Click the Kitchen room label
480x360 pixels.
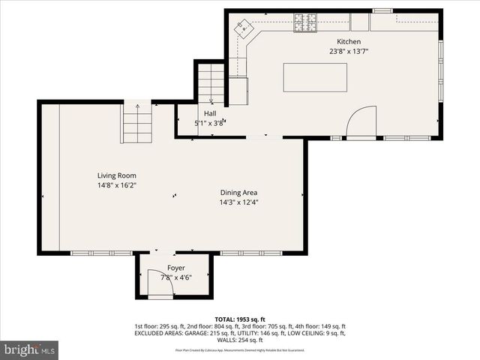[x=349, y=42]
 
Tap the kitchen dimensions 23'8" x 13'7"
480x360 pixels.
[x=349, y=52]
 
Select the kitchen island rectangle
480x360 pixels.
[x=315, y=77]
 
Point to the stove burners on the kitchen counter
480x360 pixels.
[x=305, y=27]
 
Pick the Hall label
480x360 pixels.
[x=210, y=113]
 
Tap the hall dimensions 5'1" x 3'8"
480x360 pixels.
[x=210, y=123]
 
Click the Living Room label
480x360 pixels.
[x=115, y=175]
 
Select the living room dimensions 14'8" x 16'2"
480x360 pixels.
[x=115, y=184]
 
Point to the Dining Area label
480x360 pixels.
[x=239, y=193]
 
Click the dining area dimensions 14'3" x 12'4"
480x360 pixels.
[x=239, y=202]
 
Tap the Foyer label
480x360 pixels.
[x=175, y=268]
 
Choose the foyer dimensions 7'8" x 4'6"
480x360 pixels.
[x=175, y=277]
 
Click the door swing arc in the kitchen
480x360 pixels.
[x=363, y=120]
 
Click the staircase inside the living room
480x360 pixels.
[x=137, y=122]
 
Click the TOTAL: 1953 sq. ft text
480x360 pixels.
[x=240, y=319]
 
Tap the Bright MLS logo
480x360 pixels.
[x=29, y=349]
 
